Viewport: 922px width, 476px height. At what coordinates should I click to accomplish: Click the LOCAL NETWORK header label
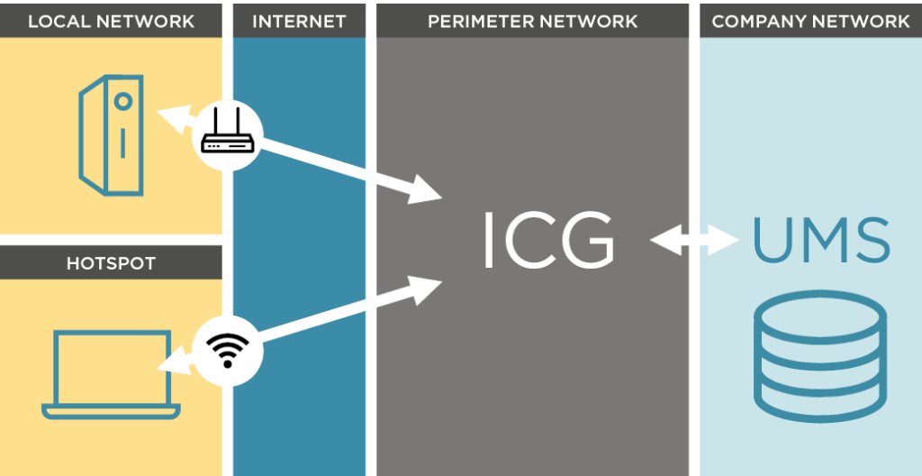point(111,21)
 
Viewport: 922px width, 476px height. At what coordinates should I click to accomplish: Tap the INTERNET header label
point(299,21)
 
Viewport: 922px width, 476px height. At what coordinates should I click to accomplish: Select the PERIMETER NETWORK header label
point(532,21)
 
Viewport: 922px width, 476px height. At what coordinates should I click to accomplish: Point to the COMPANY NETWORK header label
point(810,21)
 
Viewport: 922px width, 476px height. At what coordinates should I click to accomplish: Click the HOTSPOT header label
point(111,263)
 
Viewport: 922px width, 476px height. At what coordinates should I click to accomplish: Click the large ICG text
point(548,241)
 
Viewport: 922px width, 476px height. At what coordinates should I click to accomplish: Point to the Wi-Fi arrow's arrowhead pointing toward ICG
point(427,288)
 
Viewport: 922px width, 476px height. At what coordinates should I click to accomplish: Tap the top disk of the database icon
point(819,311)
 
